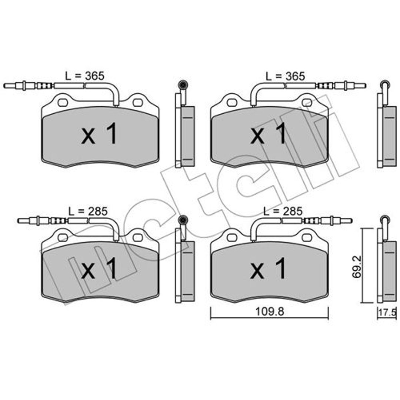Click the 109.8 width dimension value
pos(270,312)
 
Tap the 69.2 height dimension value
pos(357,267)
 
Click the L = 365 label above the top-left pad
pos(85,76)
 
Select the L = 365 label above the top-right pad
pos(286,76)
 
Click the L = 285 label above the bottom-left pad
pos(88,211)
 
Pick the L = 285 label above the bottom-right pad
pos(283,211)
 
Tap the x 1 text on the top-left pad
pos(99,134)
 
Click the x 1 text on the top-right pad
pos(269,134)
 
